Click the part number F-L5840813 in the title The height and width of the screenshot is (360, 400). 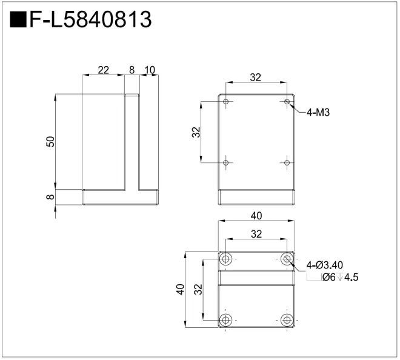[91, 19]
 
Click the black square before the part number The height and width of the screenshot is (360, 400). [18, 19]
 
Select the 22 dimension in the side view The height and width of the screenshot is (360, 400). [103, 70]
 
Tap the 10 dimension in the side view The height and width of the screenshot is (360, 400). [150, 70]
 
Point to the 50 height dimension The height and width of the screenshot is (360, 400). [50, 142]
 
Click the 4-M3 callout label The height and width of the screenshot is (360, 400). [318, 112]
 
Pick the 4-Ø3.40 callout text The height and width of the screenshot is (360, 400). [324, 265]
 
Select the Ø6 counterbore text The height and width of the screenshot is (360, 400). [329, 277]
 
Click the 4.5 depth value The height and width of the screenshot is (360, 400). [352, 277]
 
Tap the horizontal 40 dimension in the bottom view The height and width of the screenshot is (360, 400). [256, 216]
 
